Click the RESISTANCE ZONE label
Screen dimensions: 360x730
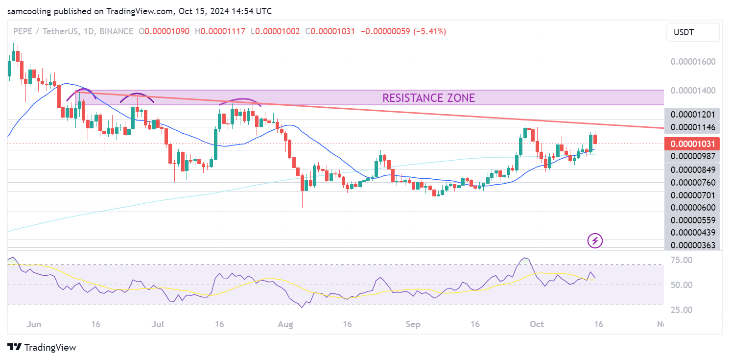(x=428, y=98)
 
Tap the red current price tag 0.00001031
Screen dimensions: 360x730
(x=692, y=144)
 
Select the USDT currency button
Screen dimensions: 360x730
(x=693, y=33)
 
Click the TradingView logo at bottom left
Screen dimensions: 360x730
(x=43, y=347)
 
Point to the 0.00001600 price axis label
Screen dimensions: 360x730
(x=693, y=62)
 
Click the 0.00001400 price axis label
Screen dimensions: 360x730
(x=693, y=91)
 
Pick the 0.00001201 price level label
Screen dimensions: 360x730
(x=693, y=115)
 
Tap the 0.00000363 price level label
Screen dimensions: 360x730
(x=693, y=245)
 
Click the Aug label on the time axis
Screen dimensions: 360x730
(x=284, y=324)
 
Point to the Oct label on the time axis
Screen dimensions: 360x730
(x=537, y=324)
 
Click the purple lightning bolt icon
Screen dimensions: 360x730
(x=595, y=240)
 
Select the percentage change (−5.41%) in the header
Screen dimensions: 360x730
(x=430, y=31)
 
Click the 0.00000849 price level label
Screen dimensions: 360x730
(x=693, y=170)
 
